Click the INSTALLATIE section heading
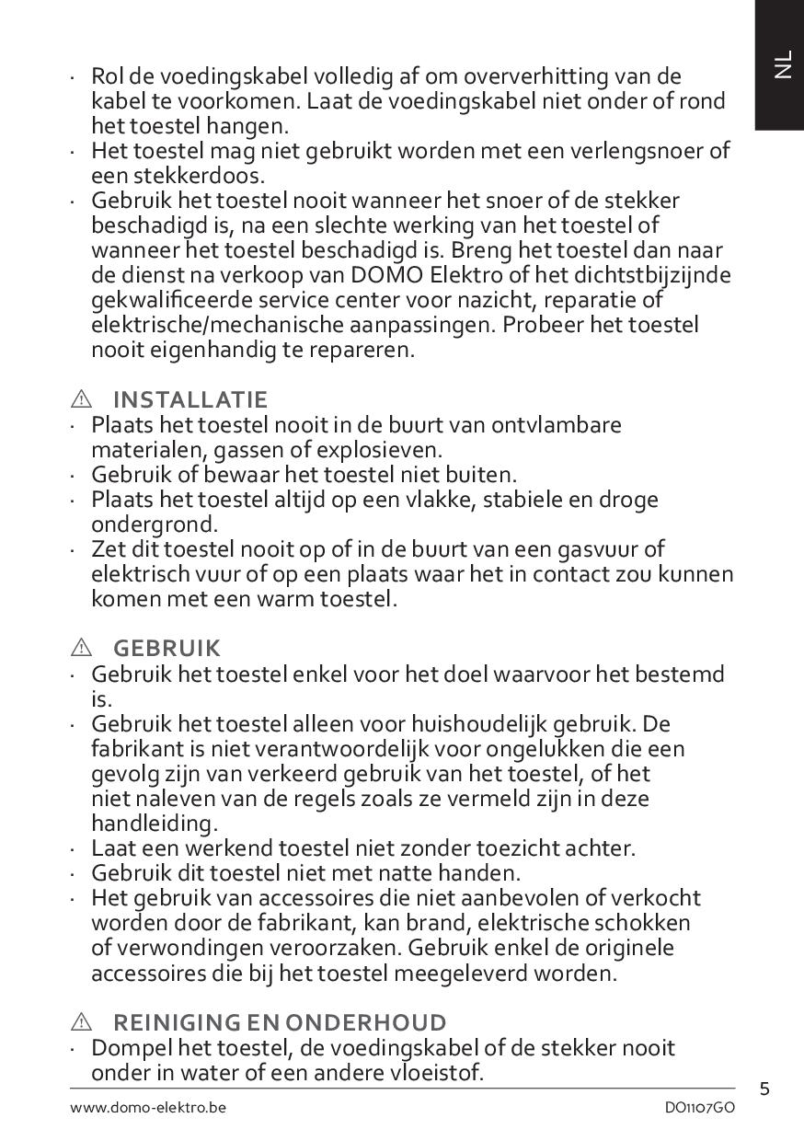click(190, 399)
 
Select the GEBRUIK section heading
click(167, 649)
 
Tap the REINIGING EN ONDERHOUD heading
click(280, 1022)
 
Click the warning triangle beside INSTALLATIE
click(81, 399)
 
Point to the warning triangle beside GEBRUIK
click(81, 649)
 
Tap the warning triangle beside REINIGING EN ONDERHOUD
click(81, 1022)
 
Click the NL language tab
click(781, 65)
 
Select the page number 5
click(765, 1089)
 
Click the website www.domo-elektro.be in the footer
click(148, 1108)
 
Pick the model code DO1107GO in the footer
click(700, 1108)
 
